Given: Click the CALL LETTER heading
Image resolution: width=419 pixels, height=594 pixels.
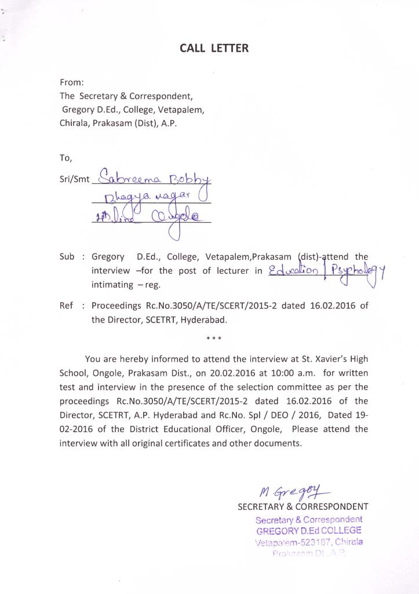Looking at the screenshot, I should coord(214,48).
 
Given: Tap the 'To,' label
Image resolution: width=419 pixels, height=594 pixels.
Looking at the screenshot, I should coord(65,157).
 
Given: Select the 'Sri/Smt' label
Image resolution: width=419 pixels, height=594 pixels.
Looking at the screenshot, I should coord(75,179).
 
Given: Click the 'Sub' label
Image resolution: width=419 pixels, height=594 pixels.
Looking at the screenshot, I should coord(67,256).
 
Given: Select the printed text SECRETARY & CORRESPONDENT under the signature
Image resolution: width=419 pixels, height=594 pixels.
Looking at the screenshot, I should coord(303,506).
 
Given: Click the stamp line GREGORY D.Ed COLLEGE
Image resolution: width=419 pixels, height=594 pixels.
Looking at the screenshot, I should coord(309,531).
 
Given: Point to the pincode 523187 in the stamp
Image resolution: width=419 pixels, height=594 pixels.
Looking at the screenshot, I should coord(317,542).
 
